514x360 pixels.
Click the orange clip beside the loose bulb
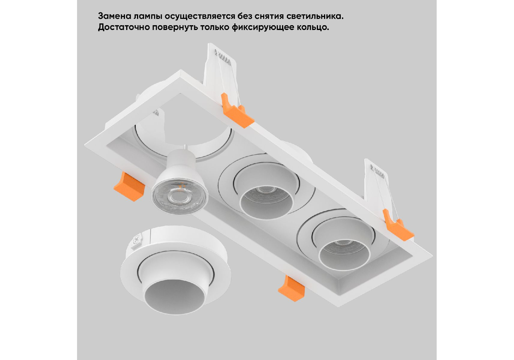[x=129, y=186]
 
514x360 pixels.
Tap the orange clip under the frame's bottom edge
[x=291, y=288]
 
